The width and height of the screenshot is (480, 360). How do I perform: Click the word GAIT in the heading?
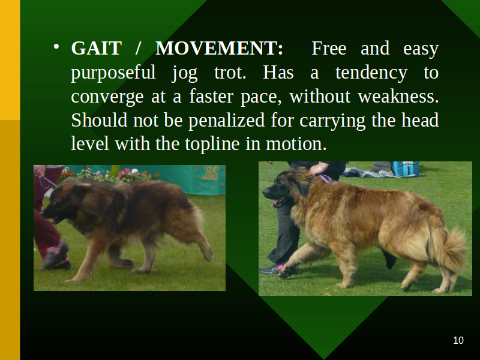pos(96,49)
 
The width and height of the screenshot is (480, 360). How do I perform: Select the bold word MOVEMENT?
pos(219,49)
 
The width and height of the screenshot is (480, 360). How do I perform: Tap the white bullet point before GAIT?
pos(56,47)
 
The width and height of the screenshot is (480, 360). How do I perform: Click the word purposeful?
pos(113,73)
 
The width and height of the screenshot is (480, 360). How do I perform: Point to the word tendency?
pos(371,73)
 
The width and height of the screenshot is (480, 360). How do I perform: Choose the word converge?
pos(107,97)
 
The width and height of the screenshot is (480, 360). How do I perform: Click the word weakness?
pos(398,96)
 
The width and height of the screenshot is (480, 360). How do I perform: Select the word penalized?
pos(227,121)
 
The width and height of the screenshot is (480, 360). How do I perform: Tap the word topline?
pos(212,144)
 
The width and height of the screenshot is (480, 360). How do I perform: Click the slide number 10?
pos(458,340)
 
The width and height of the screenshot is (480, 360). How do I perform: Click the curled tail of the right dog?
pos(450,250)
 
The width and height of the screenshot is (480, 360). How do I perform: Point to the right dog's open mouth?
pos(278,202)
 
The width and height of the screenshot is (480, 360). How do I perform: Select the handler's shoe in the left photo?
pos(55,257)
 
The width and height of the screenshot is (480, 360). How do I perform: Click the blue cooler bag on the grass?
pos(406,169)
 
